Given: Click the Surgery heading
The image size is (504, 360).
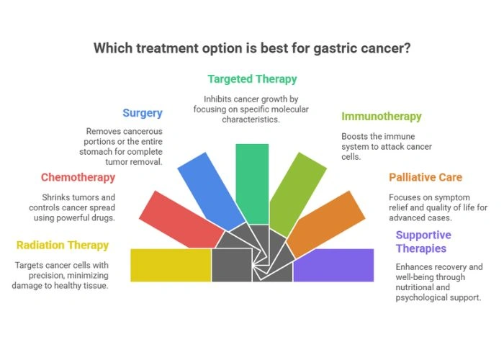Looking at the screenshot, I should tap(143, 113).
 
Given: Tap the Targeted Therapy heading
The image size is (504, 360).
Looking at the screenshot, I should tap(252, 79).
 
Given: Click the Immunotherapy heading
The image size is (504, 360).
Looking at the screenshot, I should tap(382, 117).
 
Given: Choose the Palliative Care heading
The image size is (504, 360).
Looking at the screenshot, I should tap(426, 177).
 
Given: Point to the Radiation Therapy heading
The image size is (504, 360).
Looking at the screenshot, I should tap(63, 245).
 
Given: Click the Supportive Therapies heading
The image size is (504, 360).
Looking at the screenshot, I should tap(423, 242).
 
